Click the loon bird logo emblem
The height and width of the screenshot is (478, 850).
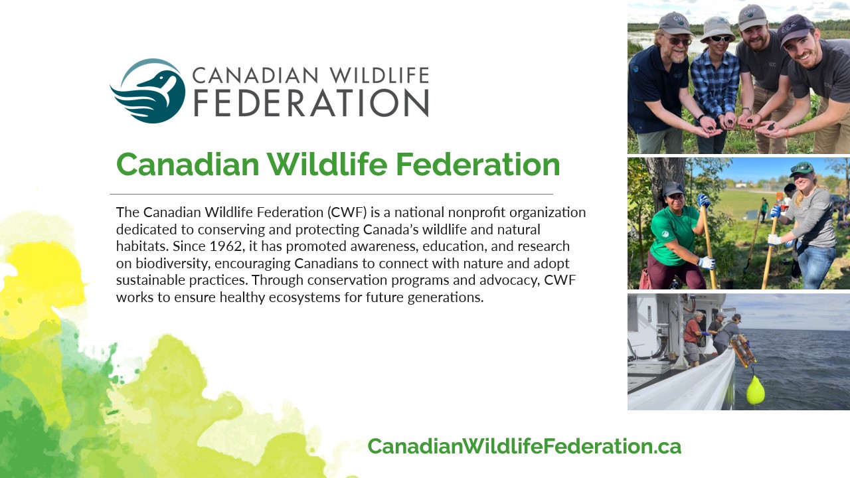click(148, 91)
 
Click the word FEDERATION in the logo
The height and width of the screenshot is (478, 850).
click(311, 103)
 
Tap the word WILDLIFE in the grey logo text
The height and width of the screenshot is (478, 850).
click(379, 75)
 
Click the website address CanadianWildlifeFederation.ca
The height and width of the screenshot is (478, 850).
click(525, 446)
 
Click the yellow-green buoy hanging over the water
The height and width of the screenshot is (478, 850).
click(755, 390)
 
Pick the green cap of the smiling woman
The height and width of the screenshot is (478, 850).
click(802, 169)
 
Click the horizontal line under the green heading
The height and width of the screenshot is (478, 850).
click(331, 194)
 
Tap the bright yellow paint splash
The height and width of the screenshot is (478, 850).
click(42, 273)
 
